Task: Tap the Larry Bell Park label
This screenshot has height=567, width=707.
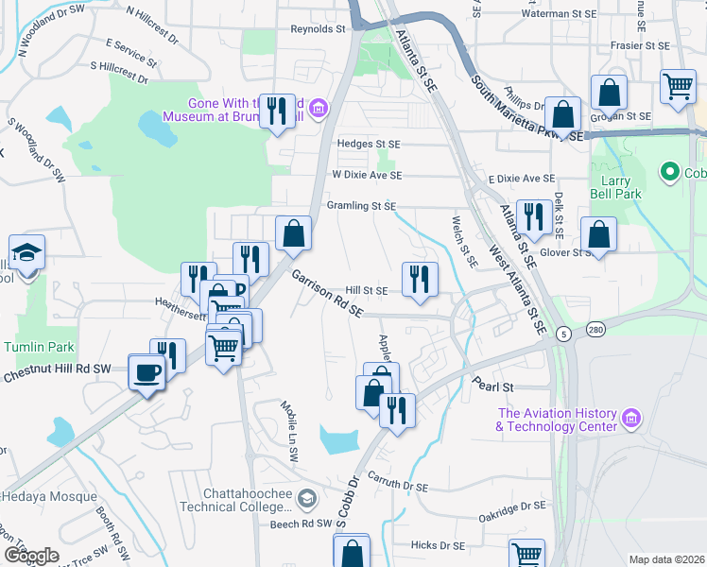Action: click(x=615, y=186)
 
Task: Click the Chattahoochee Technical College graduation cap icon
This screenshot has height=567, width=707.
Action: click(x=307, y=496)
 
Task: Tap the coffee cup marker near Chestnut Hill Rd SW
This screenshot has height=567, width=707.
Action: click(x=147, y=374)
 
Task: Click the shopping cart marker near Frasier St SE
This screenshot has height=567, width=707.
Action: click(x=678, y=87)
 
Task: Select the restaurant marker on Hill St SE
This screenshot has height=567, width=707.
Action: click(x=420, y=278)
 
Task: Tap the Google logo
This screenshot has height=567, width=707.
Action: click(x=31, y=556)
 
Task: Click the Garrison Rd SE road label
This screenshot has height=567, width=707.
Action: click(x=327, y=295)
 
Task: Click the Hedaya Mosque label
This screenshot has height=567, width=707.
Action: click(x=47, y=496)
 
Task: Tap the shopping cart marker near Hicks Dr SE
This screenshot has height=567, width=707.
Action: click(x=526, y=554)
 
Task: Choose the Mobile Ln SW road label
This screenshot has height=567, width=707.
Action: click(x=288, y=417)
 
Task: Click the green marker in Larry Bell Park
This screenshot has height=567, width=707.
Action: click(x=670, y=172)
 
